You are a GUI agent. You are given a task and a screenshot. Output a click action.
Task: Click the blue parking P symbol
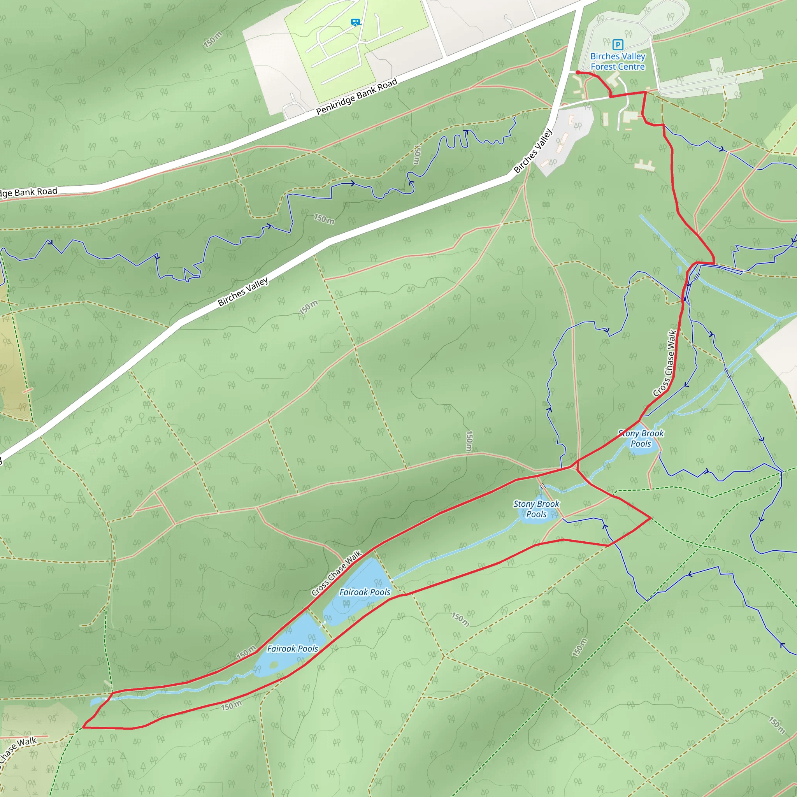[x=618, y=44]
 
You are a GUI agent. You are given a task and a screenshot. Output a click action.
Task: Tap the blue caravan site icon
[x=355, y=22]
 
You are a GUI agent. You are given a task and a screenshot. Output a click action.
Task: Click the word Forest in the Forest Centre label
[x=602, y=67]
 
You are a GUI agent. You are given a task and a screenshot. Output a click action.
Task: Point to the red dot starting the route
[x=578, y=73]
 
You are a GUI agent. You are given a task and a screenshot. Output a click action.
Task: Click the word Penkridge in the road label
[x=335, y=105]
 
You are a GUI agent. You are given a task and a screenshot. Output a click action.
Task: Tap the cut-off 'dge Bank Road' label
[x=28, y=192]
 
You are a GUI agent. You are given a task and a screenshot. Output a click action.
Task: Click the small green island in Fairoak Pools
[x=273, y=665]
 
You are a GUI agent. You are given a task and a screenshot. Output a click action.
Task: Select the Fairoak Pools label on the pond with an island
[x=293, y=649]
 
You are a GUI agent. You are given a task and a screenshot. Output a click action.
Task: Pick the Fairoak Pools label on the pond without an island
[x=365, y=592]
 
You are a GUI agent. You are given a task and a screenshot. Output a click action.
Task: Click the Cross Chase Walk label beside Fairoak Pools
[x=336, y=573]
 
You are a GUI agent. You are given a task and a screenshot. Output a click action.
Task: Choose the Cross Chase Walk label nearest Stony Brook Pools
[x=665, y=363]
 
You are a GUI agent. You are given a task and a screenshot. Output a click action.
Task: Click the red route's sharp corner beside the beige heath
[x=83, y=727]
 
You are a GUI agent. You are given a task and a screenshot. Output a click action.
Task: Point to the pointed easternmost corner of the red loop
[x=651, y=518]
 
